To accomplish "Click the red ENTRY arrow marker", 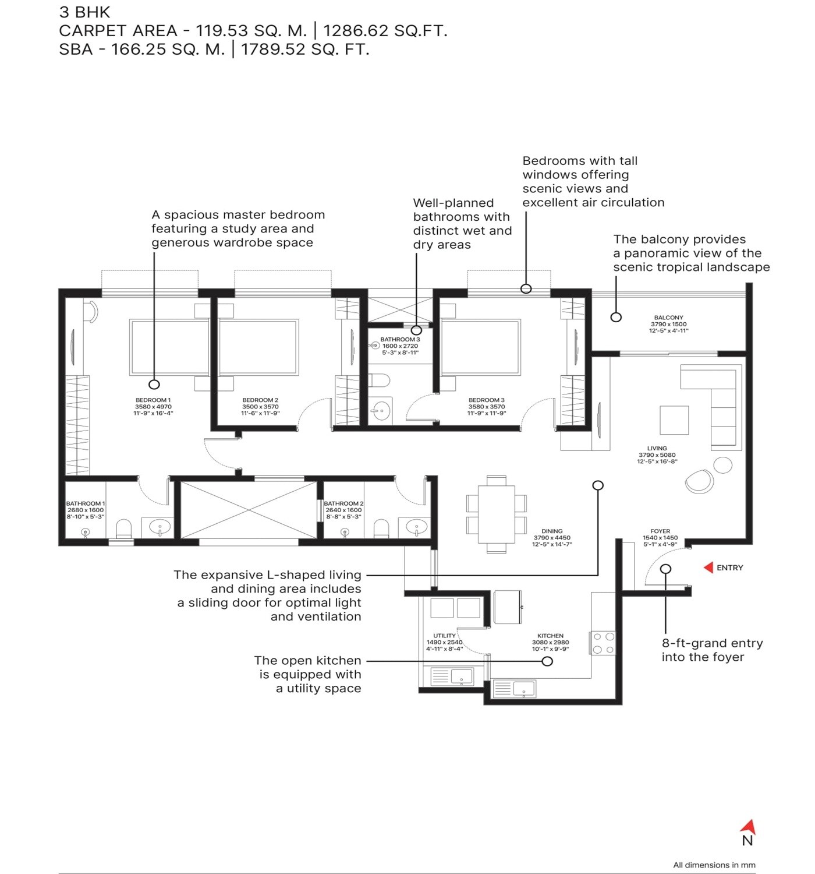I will (x=708, y=568).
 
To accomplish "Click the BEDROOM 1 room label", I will (x=153, y=400).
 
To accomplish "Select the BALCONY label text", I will (x=668, y=318).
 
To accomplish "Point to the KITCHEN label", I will (x=550, y=636).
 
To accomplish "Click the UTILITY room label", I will (x=444, y=636).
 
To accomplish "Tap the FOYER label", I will (x=660, y=531).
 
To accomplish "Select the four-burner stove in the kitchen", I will (x=603, y=643).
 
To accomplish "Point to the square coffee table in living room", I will (x=674, y=420).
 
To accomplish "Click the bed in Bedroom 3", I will (x=480, y=347).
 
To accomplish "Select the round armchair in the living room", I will (x=699, y=482).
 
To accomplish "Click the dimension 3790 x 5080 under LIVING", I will (x=657, y=455).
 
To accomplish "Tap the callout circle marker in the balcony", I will (x=616, y=317).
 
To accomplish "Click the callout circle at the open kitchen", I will (x=547, y=661).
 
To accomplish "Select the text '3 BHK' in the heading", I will (x=84, y=12).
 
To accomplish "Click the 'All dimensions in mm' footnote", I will (x=714, y=865).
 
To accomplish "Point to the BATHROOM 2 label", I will (x=343, y=503).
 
